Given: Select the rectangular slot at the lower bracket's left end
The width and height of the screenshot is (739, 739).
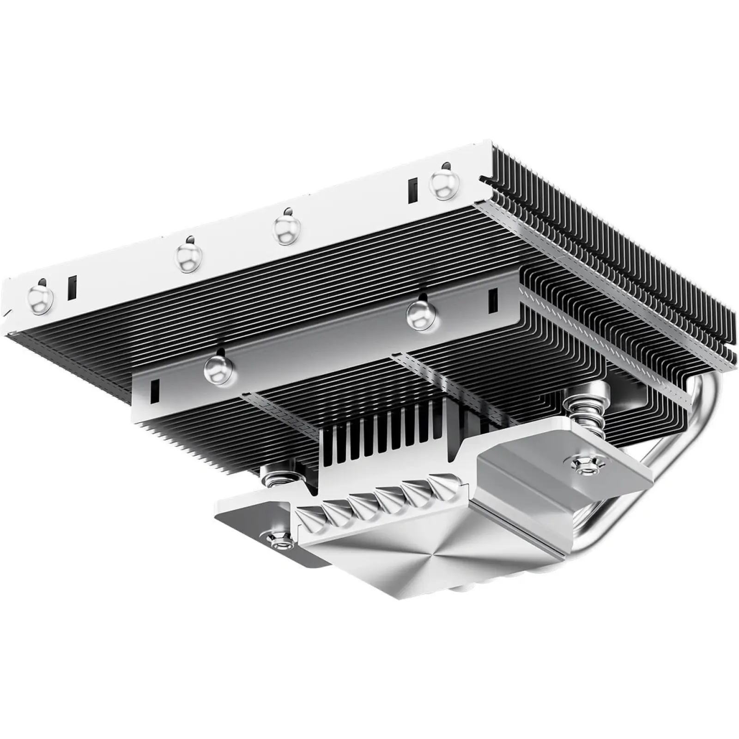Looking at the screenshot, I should pyautogui.click(x=154, y=389).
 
